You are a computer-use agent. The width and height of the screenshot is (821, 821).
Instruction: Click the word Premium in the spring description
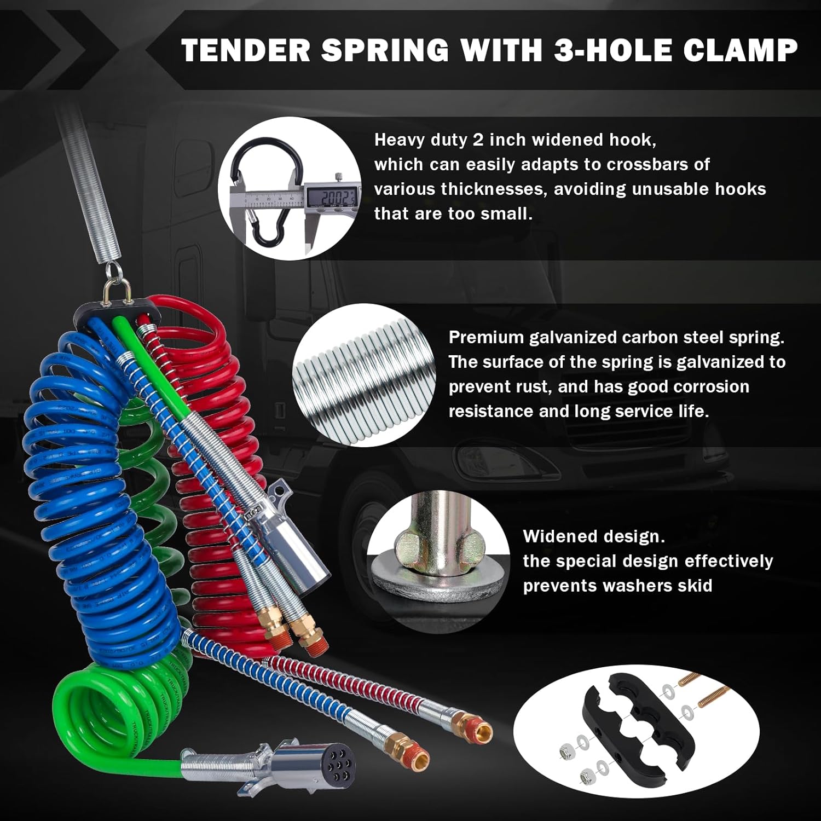pos(485,337)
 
